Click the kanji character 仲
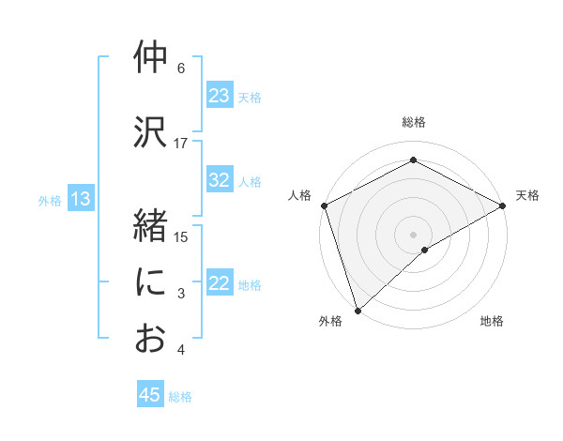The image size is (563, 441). click(x=150, y=58)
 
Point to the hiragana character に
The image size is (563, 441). click(x=150, y=282)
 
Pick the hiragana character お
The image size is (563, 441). click(x=150, y=338)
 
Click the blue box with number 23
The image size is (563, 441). click(x=220, y=96)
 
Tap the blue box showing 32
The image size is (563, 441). click(x=220, y=181)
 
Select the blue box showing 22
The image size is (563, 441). click(x=220, y=284)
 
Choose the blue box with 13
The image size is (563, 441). click(x=80, y=199)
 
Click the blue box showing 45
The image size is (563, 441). click(x=150, y=395)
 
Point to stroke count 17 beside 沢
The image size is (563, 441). click(x=181, y=143)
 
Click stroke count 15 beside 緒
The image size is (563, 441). click(x=181, y=236)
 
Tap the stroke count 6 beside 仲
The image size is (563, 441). click(x=181, y=68)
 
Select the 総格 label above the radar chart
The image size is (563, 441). click(x=413, y=122)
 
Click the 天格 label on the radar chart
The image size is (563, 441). click(x=527, y=195)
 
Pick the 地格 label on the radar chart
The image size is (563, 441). click(x=492, y=322)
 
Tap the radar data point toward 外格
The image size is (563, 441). click(x=357, y=310)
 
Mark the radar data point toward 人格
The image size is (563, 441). click(x=324, y=205)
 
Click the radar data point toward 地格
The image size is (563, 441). click(x=425, y=250)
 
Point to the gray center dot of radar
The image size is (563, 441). click(x=413, y=233)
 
